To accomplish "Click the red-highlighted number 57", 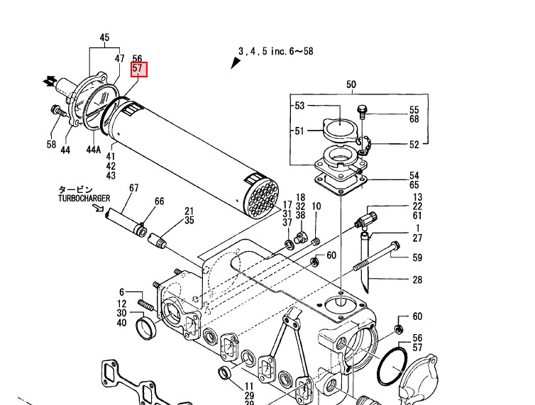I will pos(138,70).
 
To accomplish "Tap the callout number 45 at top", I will pos(104,38).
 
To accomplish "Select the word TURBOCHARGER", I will pos(84,199).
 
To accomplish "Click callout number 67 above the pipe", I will pos(133,188).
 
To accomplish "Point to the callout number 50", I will pos(351,85).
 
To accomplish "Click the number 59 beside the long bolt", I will pos(417,257).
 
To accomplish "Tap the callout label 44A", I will pos(93,150).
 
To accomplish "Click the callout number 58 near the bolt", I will pos(51,145).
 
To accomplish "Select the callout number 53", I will pos(299,106).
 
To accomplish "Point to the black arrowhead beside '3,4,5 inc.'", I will pos(236,62).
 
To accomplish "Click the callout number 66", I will pos(159,202).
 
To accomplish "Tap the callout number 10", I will pos(316,206).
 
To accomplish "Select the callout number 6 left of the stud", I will pos(121,292).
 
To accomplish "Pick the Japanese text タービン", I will pos(75,190).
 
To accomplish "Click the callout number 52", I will pos(414,144).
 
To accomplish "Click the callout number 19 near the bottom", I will pos(249,386).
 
